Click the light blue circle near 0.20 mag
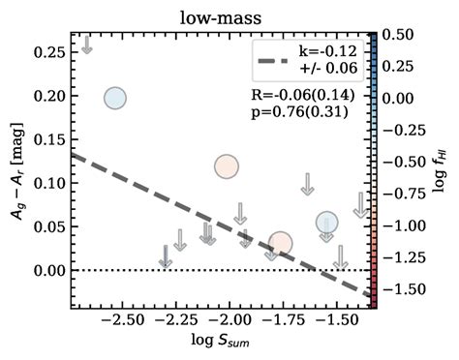tap(115, 98)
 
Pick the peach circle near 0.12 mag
tap(227, 166)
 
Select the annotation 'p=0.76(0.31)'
tap(309, 112)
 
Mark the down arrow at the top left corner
tap(86, 45)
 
